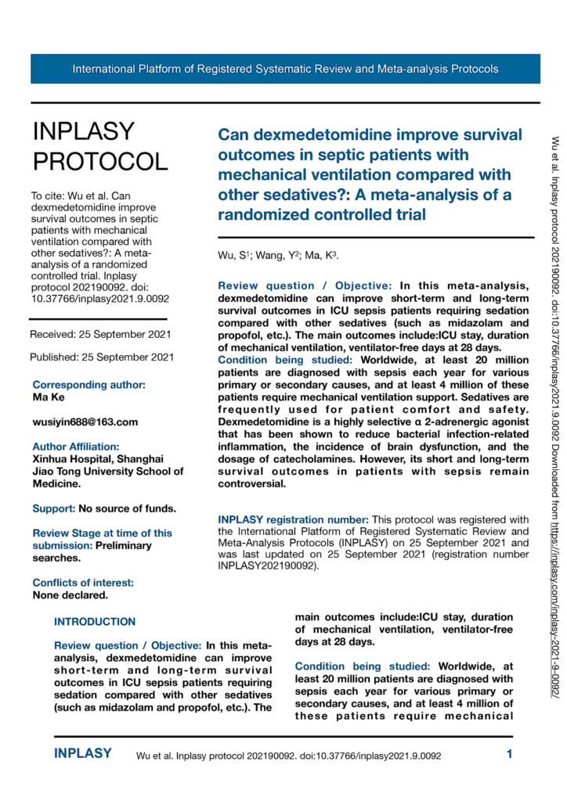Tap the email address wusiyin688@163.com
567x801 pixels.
click(x=85, y=422)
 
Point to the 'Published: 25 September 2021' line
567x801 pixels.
click(x=102, y=357)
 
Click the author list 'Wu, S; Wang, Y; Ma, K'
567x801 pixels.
click(x=278, y=256)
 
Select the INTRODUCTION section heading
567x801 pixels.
click(x=95, y=600)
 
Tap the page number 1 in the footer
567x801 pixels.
click(x=509, y=755)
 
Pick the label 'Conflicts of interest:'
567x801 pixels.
click(x=82, y=560)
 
